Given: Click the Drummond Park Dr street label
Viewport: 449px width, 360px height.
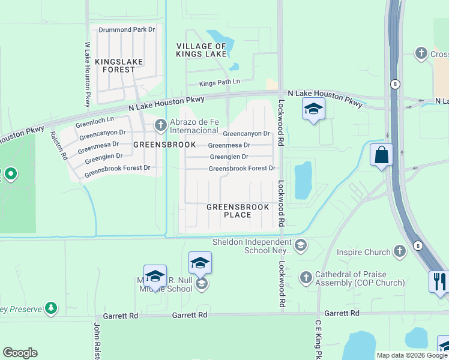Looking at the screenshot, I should (x=127, y=29).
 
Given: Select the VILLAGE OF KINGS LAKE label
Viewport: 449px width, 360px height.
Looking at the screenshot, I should (x=201, y=50).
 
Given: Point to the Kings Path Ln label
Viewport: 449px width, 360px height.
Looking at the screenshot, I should (x=220, y=82).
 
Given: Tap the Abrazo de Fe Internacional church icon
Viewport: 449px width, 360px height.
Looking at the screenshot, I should (x=160, y=125).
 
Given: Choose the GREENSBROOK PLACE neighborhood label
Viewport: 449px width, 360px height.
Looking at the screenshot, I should (x=229, y=210).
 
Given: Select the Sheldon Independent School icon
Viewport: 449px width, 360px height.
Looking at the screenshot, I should (x=301, y=245).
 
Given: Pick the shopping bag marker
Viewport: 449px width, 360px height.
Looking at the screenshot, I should (x=381, y=155).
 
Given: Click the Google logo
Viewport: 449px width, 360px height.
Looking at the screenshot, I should (x=20, y=353).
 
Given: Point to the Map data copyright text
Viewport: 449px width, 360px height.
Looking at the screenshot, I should (x=412, y=355).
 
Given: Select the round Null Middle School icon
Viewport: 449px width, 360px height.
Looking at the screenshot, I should (x=202, y=284).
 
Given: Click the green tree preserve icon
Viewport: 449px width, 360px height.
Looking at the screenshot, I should (x=51, y=308).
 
